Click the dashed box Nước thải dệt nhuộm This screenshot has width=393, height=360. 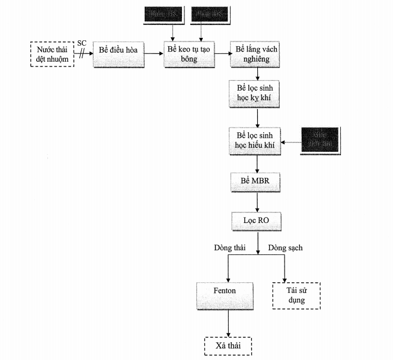pos(52,53)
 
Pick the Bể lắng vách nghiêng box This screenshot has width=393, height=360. pos(256,54)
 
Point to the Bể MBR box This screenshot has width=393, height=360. pos(256,181)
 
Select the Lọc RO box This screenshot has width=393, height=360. pos(256,221)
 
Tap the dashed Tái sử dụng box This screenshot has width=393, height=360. pos(296,295)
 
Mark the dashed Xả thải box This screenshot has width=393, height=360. pos(228,346)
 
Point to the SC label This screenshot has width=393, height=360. pos(82,43)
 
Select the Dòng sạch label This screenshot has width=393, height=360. pos(285,247)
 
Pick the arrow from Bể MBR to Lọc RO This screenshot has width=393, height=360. pos(256,201)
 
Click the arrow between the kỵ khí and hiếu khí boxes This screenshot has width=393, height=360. pos(256,117)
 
